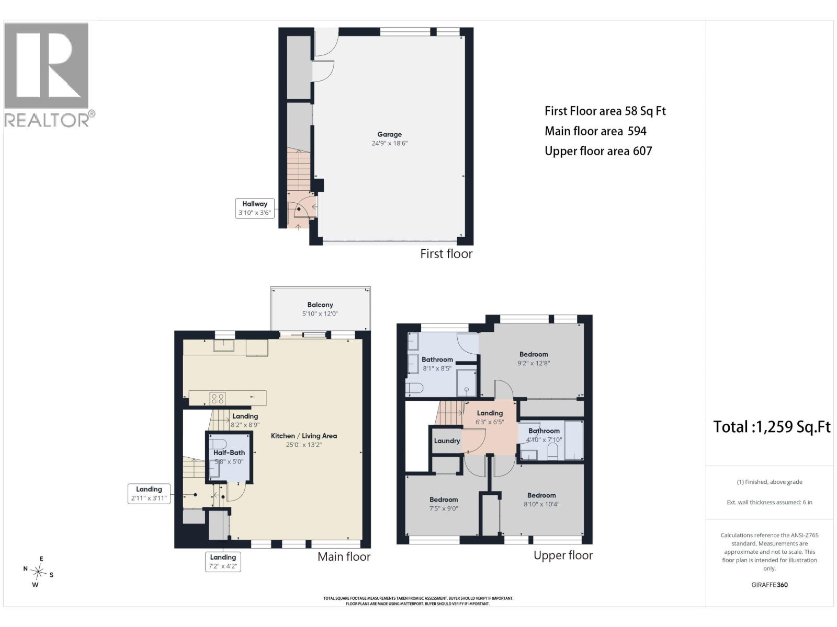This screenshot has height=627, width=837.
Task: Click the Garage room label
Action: (389, 134)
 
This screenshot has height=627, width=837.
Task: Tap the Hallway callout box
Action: (255, 208)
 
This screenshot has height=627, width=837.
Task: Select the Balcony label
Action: (320, 305)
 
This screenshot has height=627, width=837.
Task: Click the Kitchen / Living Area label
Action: (303, 436)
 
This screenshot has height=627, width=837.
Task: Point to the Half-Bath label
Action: (229, 452)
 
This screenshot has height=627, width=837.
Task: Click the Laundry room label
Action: (447, 441)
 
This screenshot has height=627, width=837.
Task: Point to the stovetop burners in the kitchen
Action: (217, 399)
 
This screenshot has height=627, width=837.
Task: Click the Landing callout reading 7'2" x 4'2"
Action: (223, 562)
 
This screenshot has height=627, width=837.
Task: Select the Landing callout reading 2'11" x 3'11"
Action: (149, 494)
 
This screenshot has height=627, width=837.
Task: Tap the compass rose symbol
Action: (38, 572)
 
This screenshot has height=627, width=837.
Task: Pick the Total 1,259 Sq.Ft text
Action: (772, 427)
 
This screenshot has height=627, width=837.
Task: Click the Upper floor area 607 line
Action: (598, 151)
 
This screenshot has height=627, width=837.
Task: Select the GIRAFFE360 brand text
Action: (770, 584)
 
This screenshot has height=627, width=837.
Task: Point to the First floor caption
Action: (446, 253)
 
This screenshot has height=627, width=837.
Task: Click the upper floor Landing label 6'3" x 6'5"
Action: (490, 417)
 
